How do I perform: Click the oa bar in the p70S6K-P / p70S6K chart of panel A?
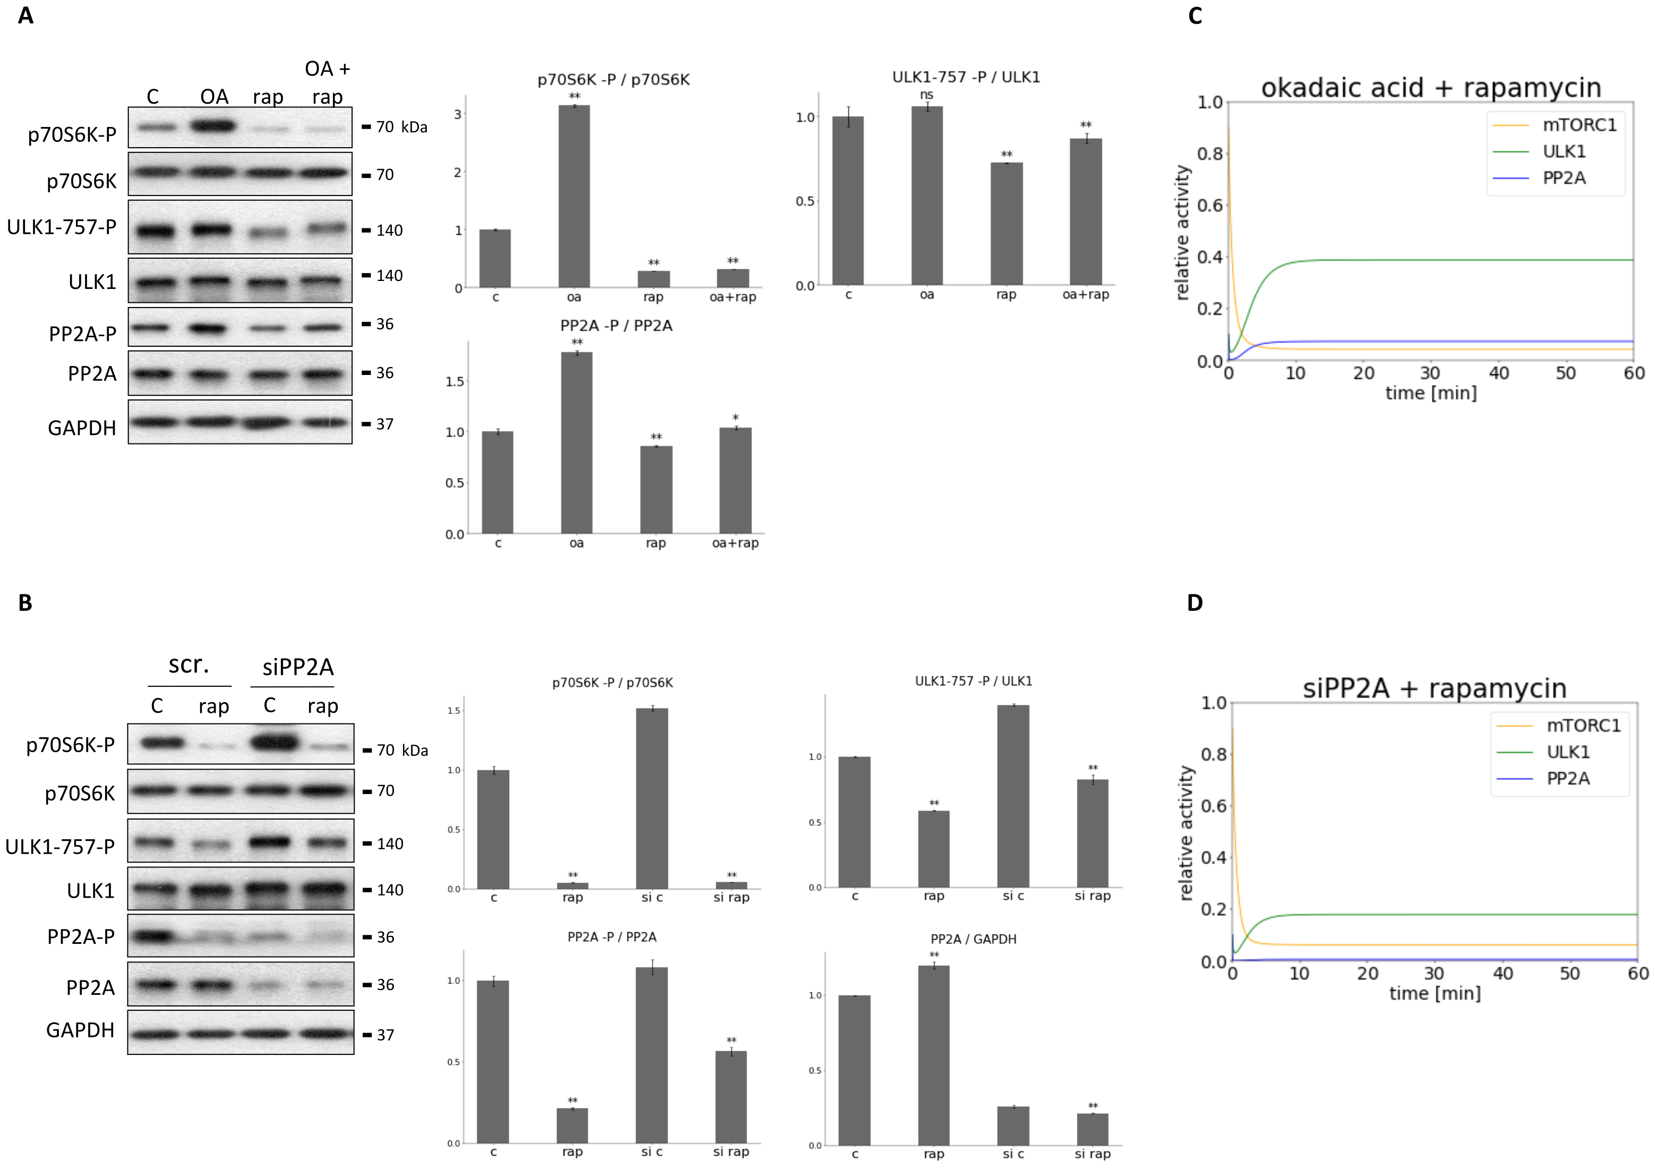[x=574, y=196]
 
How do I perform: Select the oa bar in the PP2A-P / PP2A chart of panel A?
[x=577, y=442]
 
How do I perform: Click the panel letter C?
[x=1195, y=16]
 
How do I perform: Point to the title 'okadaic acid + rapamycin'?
[x=1431, y=88]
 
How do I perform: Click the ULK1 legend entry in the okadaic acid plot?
[x=1564, y=151]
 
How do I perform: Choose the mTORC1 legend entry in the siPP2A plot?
[x=1583, y=726]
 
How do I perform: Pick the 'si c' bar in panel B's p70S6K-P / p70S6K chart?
[x=651, y=798]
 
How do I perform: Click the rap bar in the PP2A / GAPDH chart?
[x=933, y=1055]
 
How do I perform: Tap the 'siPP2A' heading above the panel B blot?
[x=298, y=667]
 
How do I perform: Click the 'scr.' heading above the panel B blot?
[x=189, y=664]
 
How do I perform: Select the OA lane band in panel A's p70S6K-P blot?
[x=212, y=126]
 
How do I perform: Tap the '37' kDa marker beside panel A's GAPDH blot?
[x=385, y=424]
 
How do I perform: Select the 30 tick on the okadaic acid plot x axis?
[x=1430, y=373]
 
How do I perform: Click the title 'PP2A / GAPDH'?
[x=973, y=939]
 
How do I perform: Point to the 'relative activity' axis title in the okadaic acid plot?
[x=1181, y=232]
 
